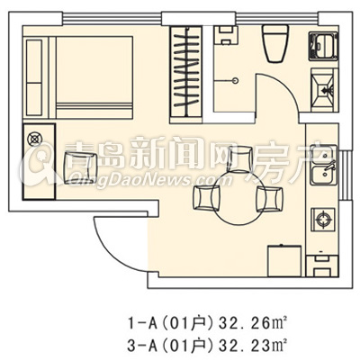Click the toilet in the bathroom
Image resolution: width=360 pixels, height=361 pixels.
coord(275,43)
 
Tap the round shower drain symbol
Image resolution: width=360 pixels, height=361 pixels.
coord(236,80)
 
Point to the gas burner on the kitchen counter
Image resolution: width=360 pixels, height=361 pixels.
coord(323,220)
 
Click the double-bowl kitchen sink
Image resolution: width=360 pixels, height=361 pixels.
coord(323,165)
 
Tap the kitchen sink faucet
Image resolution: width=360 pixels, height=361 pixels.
coord(330,167)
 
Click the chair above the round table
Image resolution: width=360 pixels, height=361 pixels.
coord(240,159)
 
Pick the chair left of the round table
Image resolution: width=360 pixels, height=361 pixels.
coord(206,197)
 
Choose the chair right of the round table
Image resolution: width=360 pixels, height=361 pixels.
coord(269,200)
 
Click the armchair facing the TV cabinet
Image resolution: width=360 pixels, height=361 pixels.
coord(81,167)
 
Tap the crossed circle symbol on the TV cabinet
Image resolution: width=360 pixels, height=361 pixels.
coord(33,140)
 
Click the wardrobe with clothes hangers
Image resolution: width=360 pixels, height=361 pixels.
coord(186,75)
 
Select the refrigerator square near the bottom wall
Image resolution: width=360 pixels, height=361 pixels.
coord(284,261)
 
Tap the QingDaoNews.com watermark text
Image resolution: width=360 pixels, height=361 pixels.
coord(150,179)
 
